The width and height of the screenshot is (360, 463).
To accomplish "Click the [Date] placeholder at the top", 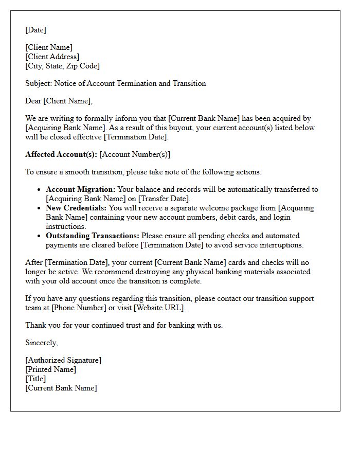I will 35,30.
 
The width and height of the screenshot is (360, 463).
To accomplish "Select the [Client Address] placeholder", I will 52,57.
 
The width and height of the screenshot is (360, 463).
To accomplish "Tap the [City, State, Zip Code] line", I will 62,66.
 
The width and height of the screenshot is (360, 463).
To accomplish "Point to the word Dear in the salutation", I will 33,101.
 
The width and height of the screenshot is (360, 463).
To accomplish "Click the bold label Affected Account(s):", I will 61,154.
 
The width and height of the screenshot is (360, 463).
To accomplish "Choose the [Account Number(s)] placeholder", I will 135,154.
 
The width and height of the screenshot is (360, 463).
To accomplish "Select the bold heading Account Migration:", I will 81,189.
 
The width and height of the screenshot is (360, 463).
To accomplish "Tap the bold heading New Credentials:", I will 76,208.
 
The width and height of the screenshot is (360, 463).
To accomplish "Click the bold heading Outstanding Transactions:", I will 93,236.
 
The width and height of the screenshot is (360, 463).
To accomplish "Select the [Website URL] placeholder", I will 159,308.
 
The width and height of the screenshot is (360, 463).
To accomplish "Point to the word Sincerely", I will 41,343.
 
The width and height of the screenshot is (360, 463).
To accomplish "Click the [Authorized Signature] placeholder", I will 63,360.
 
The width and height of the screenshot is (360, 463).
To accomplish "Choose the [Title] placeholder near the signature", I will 35,379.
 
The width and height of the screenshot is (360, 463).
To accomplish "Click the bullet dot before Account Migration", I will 39,190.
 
